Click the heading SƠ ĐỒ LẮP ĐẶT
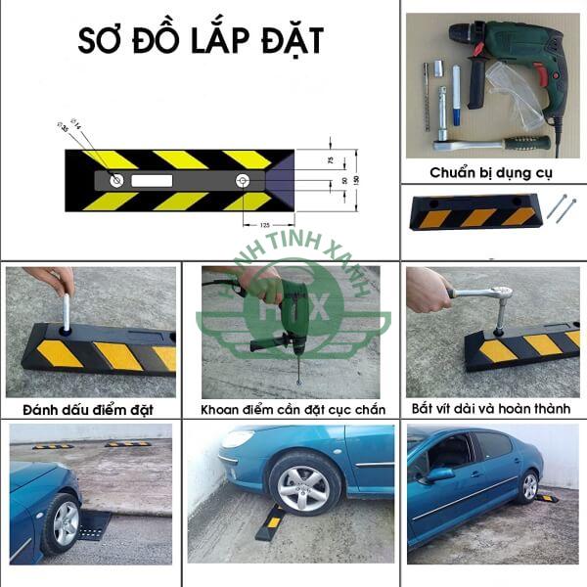[201, 41]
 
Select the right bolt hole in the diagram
[243, 181]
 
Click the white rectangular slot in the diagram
[152, 181]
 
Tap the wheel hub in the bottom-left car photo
[66, 523]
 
